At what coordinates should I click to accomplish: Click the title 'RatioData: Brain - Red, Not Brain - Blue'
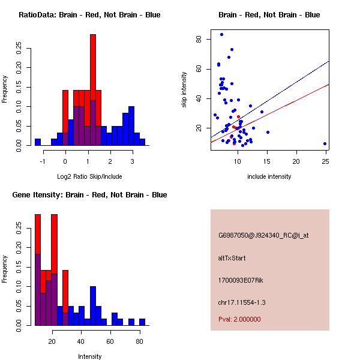(89, 15)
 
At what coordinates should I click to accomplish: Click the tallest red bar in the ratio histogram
(93, 90)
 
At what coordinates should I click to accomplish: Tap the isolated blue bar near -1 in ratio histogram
(38, 142)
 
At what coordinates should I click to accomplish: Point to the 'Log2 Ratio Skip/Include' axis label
(89, 176)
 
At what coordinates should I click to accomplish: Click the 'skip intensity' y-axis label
(184, 89)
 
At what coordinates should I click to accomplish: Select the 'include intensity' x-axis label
(269, 176)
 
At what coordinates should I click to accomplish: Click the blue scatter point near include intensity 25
(325, 144)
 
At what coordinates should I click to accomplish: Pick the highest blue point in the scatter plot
(221, 35)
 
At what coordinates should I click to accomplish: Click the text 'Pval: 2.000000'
(239, 319)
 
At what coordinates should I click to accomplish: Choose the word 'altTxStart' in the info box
(232, 258)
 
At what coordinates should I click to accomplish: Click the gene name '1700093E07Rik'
(239, 280)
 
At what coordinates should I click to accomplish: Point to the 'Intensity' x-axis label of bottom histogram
(89, 356)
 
